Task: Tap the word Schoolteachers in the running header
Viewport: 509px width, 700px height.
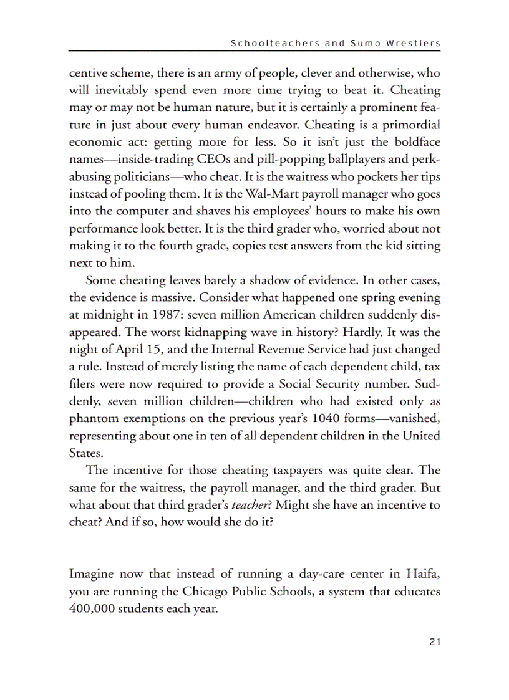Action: click(x=266, y=44)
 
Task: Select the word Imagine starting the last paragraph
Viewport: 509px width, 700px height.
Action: click(x=91, y=573)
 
